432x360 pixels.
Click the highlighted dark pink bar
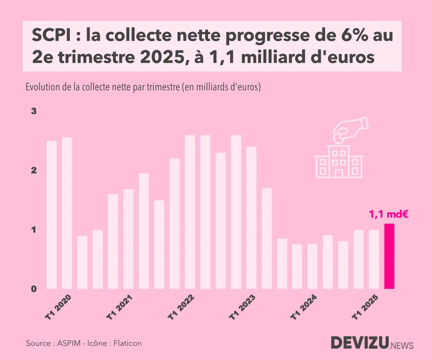(390, 256)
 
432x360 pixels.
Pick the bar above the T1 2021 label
(113, 241)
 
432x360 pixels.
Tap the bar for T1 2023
(236, 212)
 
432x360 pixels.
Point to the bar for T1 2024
(297, 266)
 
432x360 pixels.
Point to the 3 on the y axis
(34, 111)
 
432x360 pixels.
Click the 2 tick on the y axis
(34, 170)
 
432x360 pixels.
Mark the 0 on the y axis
(34, 289)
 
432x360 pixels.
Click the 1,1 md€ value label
(388, 215)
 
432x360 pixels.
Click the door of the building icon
(339, 174)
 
